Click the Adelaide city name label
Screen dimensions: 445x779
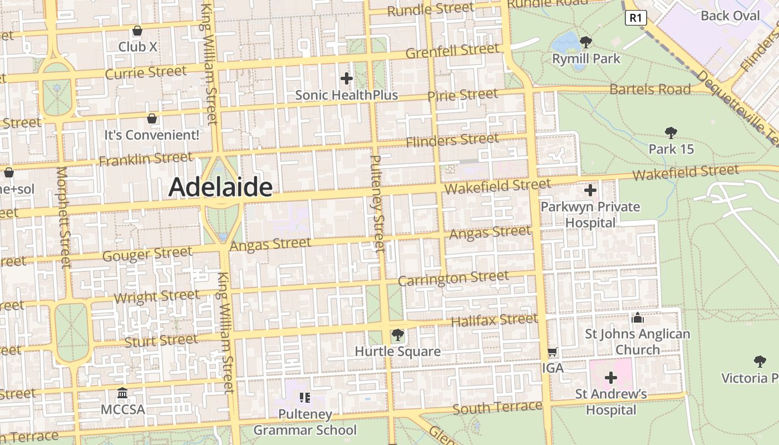[x=221, y=187]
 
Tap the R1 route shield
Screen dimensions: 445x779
[x=635, y=18]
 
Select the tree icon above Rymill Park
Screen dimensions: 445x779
[x=585, y=42]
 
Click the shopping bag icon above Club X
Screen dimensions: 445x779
[x=137, y=30]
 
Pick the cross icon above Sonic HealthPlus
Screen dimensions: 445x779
[x=347, y=78]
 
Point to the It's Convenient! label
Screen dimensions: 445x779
[x=152, y=135]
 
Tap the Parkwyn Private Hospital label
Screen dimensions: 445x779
[x=590, y=215]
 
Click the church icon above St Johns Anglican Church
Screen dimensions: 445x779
[x=638, y=318]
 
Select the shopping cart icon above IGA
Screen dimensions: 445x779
[x=553, y=352]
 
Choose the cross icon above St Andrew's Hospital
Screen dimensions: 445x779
[x=611, y=378]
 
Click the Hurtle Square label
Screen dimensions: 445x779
[x=398, y=352]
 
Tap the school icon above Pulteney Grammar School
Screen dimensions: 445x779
[x=304, y=397]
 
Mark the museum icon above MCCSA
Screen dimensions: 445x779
[x=122, y=393]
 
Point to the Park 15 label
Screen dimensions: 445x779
[x=671, y=149]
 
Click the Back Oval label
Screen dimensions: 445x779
[x=730, y=16]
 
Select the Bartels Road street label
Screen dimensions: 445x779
[x=650, y=90]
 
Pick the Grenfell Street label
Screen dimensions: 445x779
[x=452, y=51]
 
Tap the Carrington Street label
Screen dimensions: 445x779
[x=453, y=278]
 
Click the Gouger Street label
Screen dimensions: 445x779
[x=147, y=254]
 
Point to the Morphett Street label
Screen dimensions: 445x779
[x=63, y=217]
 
